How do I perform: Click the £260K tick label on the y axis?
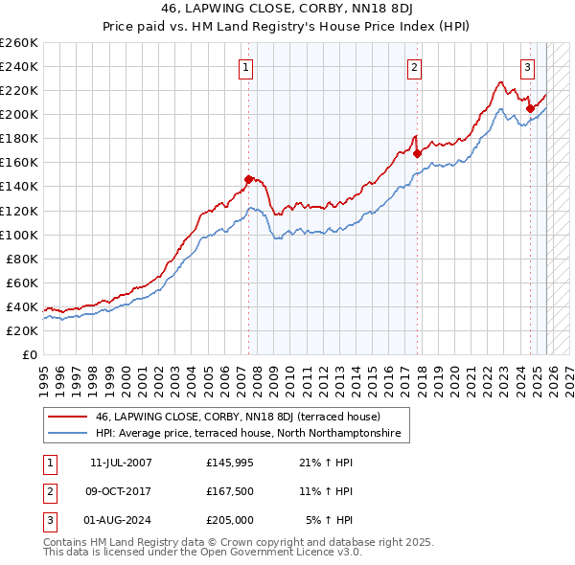click(19, 43)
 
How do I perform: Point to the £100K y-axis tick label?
click(19, 235)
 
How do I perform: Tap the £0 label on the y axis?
click(29, 354)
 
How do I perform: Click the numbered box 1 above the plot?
click(246, 67)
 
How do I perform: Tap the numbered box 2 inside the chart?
click(414, 67)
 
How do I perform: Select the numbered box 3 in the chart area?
click(527, 67)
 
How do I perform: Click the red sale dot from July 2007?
click(249, 179)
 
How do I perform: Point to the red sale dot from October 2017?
click(418, 153)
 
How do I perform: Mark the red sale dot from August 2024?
click(530, 108)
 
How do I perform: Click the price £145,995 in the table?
click(228, 462)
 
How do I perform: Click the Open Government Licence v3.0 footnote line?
click(202, 554)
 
